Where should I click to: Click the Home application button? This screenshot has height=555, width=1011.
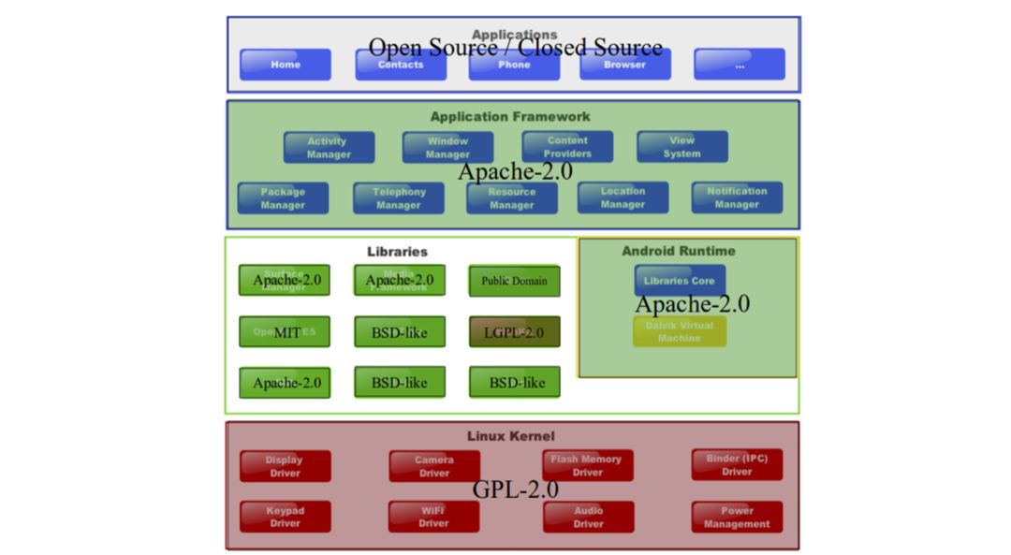286,65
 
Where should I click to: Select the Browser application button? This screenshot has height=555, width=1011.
624,65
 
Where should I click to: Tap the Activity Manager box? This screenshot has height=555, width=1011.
329,148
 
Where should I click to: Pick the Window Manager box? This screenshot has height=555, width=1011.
447,148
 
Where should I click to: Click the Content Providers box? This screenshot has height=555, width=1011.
567,147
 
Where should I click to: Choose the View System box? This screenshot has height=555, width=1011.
681,147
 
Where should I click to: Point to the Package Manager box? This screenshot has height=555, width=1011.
283,198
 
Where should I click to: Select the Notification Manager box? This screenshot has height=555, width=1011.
737,197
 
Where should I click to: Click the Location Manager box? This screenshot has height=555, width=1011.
623,197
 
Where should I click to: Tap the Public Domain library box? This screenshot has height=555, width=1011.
514,281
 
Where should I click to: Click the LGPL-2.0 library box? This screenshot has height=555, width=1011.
514,332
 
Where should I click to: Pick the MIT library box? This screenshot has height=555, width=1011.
285,332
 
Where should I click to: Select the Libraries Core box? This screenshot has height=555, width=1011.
680,280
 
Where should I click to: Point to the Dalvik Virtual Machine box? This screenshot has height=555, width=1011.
680,331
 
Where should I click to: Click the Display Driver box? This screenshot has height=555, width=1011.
285,466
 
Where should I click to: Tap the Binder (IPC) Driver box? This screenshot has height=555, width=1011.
737,465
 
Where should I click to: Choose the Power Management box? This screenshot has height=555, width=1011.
737,518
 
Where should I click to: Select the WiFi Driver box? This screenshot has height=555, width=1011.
433,517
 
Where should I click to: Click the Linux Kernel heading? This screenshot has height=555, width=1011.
511,436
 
